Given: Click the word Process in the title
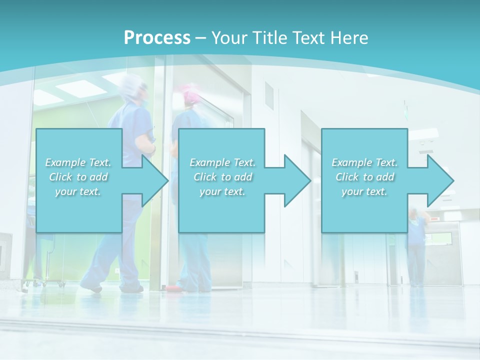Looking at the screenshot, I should tap(157, 37).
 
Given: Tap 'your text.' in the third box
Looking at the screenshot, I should tap(364, 191).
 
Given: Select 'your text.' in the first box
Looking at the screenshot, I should tap(77, 191).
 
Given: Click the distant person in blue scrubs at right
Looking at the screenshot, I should tap(416, 245).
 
